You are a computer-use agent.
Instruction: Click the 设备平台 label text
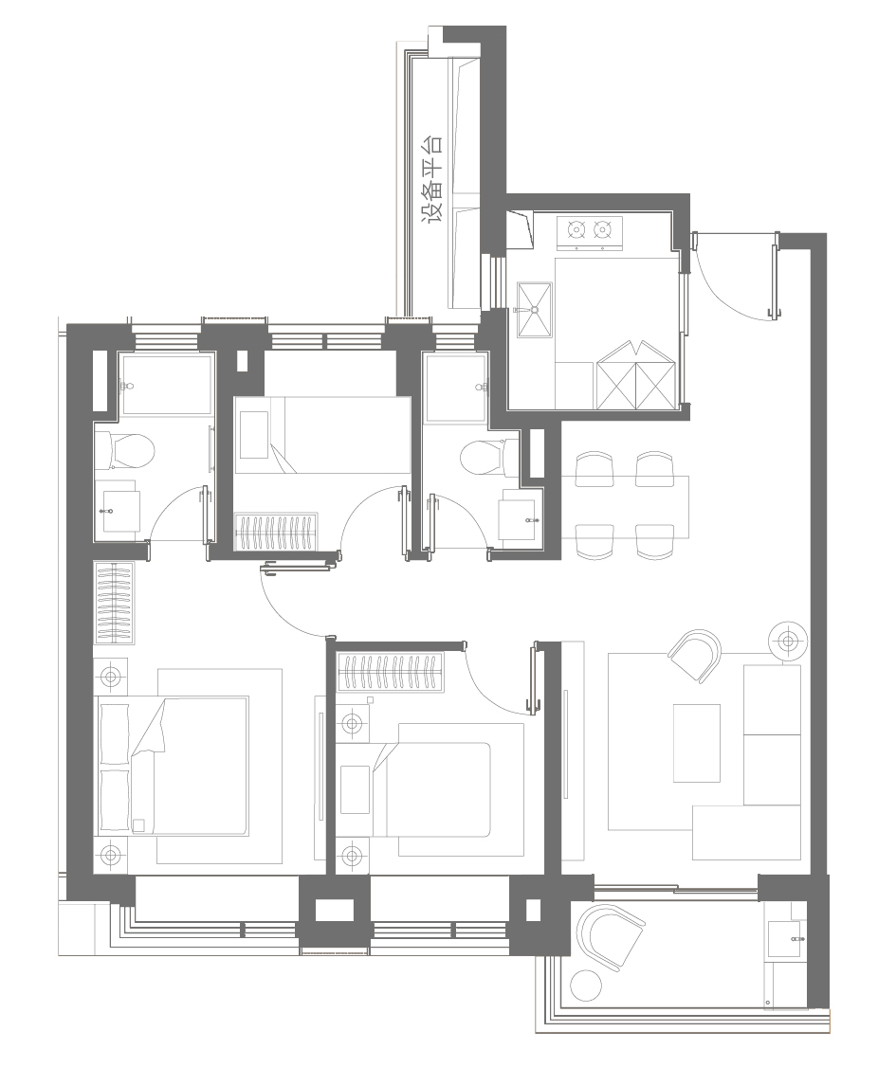[431, 178]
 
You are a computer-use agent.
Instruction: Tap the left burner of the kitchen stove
[576, 230]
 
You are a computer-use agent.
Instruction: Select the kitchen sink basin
[535, 310]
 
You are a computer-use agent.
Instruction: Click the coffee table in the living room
[696, 742]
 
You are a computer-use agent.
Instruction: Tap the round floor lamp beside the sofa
[788, 641]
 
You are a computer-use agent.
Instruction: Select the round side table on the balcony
[585, 986]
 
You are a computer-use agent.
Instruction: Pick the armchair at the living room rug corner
[695, 656]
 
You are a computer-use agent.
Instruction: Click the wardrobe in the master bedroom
[114, 603]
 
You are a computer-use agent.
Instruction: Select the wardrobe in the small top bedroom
[276, 532]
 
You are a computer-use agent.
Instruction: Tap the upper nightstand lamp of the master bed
[110, 678]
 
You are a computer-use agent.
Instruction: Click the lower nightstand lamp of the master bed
[110, 855]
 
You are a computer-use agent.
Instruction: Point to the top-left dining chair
[594, 469]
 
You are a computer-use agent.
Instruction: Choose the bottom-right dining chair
[654, 542]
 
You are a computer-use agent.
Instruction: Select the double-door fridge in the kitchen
[636, 375]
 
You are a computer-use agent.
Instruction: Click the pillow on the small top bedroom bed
[254, 434]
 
